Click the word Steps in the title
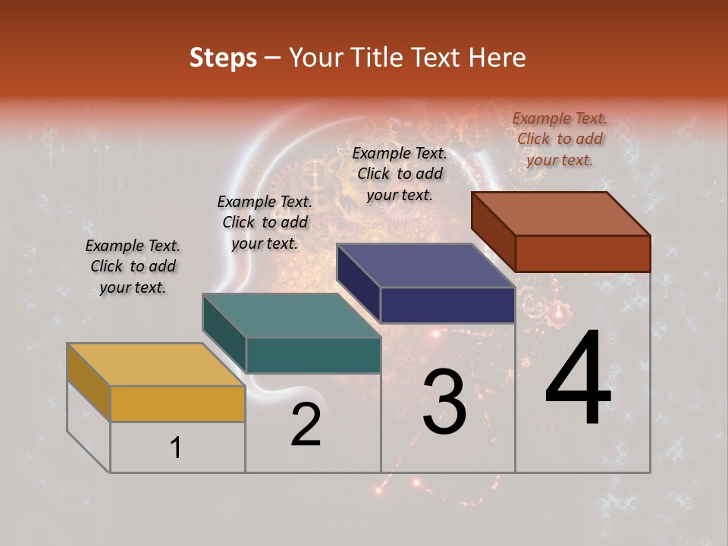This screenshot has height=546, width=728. point(223,58)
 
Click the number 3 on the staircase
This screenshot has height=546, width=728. point(444,401)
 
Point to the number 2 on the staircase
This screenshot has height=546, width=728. point(306,425)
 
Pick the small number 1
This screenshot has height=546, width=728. point(176,447)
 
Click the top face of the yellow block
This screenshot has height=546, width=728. point(155,365)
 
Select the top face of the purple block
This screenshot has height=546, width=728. point(425,265)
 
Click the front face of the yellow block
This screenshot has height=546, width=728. point(177,403)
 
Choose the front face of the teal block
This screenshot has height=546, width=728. point(312,355)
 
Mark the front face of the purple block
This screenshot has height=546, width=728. point(447,305)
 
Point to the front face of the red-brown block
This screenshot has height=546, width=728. point(582,253)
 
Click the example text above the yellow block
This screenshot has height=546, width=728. point(133,266)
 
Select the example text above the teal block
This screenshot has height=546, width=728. point(265,222)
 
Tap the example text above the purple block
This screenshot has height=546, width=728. point(400,174)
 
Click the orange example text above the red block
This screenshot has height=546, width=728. point(560,139)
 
